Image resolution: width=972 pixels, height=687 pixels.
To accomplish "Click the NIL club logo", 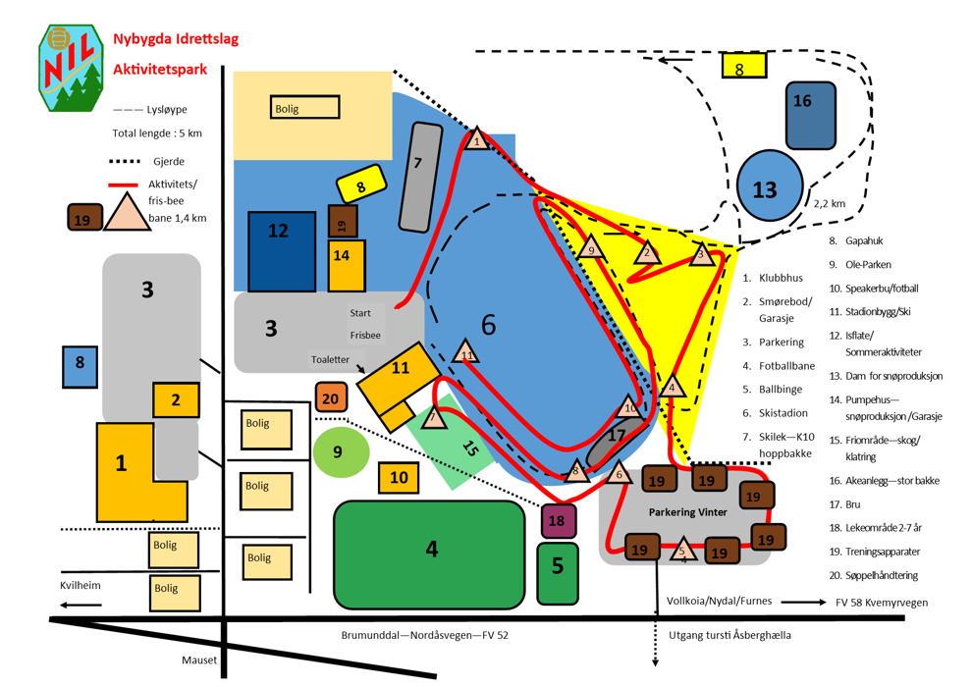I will coord(69,68).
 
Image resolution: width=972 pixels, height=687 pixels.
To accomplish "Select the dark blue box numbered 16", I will coord(811,115).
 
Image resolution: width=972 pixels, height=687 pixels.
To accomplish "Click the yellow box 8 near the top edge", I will coord(743,67).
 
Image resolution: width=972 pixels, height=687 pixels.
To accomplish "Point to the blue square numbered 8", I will coord(80,363).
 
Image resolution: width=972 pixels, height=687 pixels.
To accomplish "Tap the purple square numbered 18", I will coord(557,520).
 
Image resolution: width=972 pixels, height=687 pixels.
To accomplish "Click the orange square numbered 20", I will coord(332,398).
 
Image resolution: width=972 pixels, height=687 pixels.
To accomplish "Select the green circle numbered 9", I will coord(341,452).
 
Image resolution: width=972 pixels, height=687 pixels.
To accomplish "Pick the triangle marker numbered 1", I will coord(476,140).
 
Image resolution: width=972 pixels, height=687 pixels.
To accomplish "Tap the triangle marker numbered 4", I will coord(673,386).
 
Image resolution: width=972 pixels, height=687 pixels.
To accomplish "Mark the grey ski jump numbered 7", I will coord(419,177).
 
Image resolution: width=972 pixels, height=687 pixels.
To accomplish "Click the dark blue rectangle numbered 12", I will coord(281,251).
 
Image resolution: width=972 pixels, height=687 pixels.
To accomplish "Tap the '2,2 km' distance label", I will coord(829,203).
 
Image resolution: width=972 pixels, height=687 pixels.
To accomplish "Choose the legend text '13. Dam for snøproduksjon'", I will coord(886,376).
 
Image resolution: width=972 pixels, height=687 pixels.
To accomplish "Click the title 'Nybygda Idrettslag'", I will coord(176,40).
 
